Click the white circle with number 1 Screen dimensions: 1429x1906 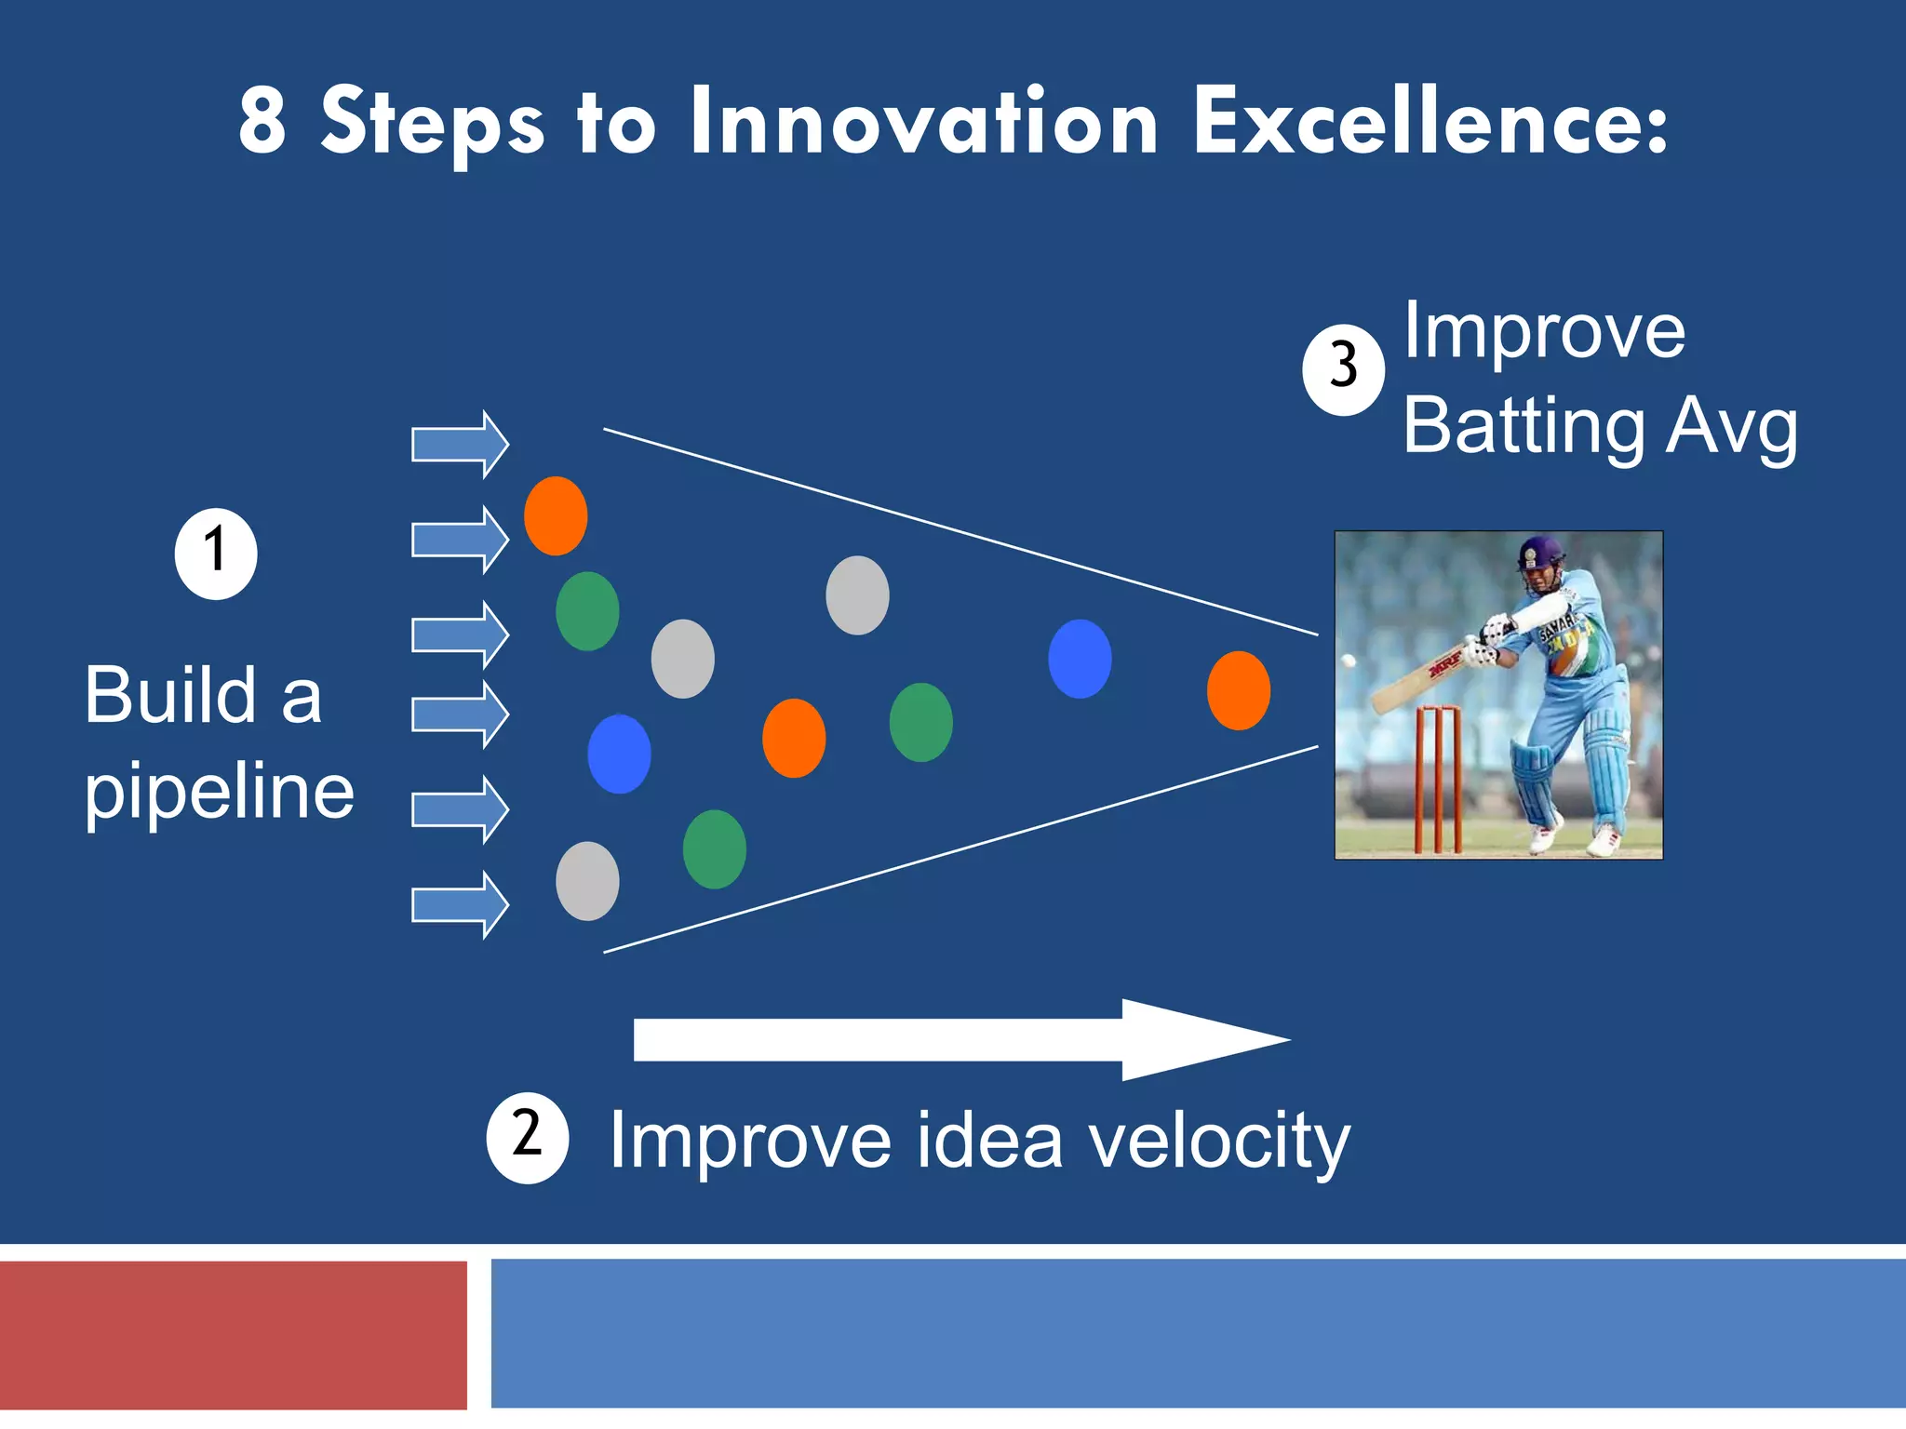pos(216,554)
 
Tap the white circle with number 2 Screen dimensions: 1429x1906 pos(527,1137)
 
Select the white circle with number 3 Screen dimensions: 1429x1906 pos(1343,369)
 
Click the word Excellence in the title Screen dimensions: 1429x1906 pos(1430,122)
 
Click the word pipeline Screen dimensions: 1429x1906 pos(220,793)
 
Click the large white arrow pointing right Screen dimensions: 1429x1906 pos(959,1040)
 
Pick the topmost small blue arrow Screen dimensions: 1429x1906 pos(460,444)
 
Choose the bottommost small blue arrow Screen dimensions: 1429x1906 pos(460,904)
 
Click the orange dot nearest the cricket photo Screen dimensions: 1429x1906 pos(1238,690)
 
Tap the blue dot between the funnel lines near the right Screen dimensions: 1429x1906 pos(1080,659)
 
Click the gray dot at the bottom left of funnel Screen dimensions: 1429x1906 pos(587,881)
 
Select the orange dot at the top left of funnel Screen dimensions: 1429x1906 pos(556,515)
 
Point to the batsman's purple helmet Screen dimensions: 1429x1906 pos(1540,553)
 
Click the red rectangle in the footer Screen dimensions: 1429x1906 pos(233,1335)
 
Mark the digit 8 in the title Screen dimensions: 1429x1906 pos(262,122)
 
